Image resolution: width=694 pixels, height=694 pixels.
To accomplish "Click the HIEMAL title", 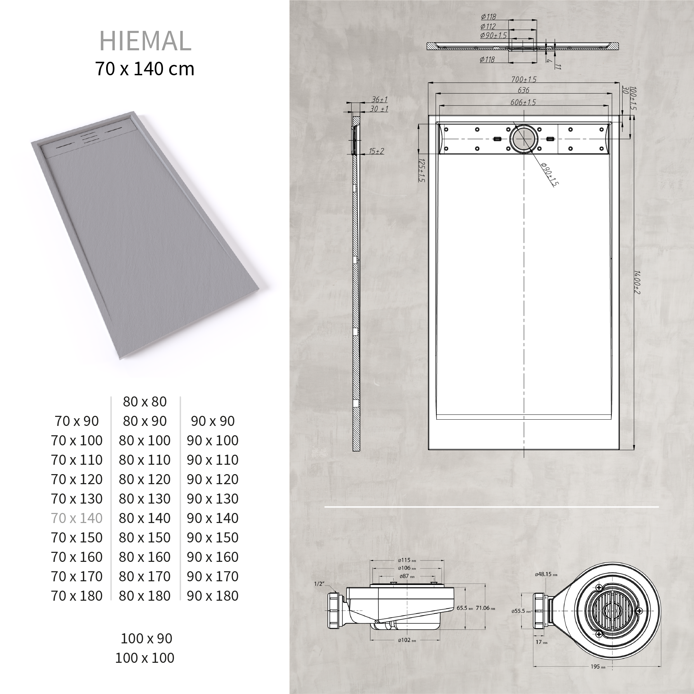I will (145, 41).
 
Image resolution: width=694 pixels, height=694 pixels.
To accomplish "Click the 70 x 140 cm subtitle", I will (144, 69).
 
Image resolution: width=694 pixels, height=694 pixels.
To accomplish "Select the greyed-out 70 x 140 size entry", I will (77, 518).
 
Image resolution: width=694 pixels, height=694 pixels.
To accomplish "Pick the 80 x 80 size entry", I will (145, 402).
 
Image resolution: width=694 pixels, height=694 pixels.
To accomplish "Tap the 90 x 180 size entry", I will (213, 596).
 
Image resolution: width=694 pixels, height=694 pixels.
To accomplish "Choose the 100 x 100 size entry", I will (145, 658).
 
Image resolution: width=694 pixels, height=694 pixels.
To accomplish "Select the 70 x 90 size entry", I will (77, 421).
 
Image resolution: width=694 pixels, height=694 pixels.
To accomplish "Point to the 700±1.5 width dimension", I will (524, 79).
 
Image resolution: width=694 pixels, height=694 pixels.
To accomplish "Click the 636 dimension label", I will (523, 90).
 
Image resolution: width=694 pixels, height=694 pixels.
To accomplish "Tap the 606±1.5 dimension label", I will (523, 102).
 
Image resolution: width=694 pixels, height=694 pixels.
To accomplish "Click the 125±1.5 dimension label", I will (422, 170).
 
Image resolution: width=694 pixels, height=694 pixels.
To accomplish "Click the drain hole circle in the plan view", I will (524, 139).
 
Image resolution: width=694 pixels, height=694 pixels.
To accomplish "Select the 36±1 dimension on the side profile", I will (379, 100).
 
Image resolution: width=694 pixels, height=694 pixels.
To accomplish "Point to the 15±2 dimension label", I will (376, 151).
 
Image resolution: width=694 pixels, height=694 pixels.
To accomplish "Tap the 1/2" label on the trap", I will (319, 584).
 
